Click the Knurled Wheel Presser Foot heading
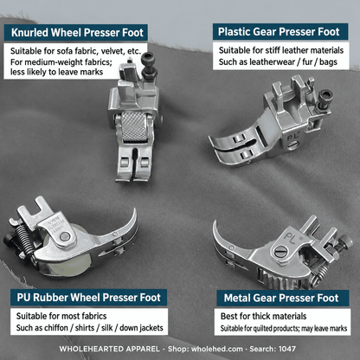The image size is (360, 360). (77, 33)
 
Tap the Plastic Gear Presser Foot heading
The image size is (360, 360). (279, 32)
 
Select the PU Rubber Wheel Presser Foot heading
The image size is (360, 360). (88, 298)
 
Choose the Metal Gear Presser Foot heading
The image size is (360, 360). (281, 298)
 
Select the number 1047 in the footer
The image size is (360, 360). (287, 349)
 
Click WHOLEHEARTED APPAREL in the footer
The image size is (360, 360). (109, 349)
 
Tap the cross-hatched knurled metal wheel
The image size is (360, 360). (134, 126)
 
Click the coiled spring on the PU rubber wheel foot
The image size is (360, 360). (23, 239)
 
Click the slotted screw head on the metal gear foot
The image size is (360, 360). (280, 253)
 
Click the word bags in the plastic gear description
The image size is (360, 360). (328, 62)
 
